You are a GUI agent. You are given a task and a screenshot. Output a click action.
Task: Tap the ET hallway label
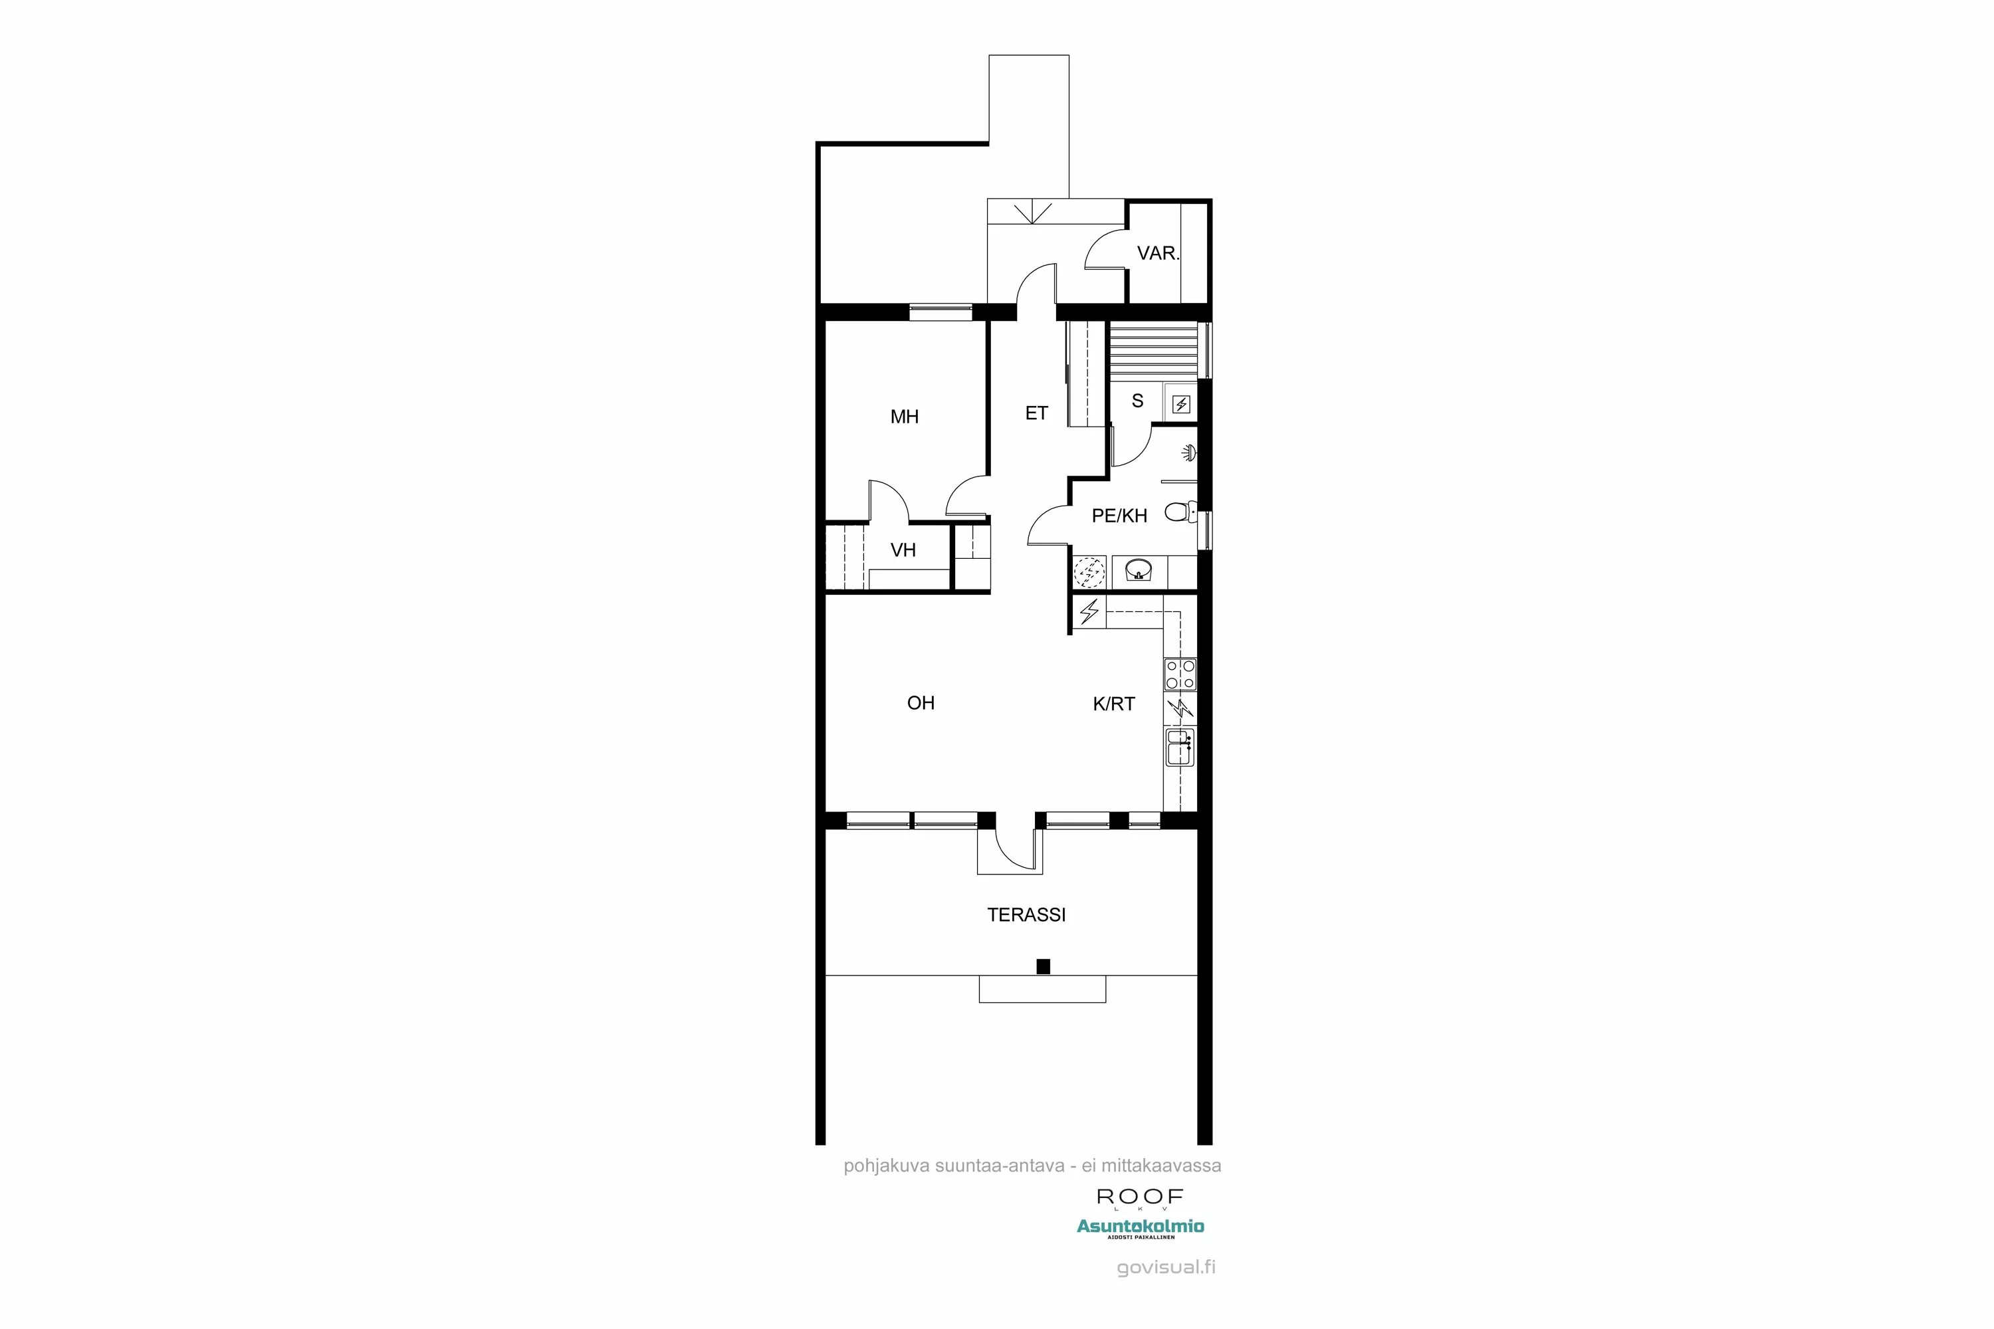click(1036, 413)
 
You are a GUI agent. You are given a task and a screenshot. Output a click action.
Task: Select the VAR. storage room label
click(1157, 253)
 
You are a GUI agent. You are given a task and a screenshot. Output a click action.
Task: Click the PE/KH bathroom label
click(1119, 516)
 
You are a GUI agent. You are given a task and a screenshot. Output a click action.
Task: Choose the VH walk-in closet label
click(903, 550)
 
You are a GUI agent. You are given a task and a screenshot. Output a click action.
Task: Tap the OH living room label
click(921, 702)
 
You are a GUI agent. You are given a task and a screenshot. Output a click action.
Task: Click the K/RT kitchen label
click(1113, 704)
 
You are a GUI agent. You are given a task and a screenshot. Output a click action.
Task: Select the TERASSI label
click(1026, 914)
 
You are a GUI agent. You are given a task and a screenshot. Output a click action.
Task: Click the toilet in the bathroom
click(1178, 511)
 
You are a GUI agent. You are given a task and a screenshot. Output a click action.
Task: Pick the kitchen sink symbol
click(1179, 747)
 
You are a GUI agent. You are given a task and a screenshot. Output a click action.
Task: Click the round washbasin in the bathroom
click(1138, 570)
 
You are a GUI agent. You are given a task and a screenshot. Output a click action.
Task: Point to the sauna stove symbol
click(1181, 404)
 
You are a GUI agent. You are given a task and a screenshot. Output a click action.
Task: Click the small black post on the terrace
click(1043, 966)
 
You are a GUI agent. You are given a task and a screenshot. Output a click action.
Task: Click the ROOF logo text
click(1139, 1197)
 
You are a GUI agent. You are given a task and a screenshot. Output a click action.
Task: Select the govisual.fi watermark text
click(1166, 1268)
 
